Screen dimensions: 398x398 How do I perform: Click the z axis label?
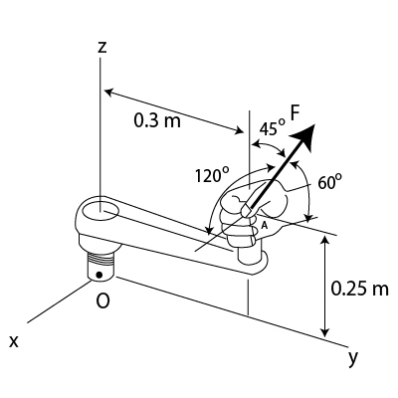click(x=102, y=48)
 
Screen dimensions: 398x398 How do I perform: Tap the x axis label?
click(x=14, y=341)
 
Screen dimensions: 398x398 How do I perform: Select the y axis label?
click(x=353, y=358)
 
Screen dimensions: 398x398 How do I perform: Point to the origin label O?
click(x=102, y=300)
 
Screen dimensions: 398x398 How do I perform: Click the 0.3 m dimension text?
click(x=157, y=120)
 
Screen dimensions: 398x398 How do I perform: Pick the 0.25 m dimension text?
click(x=360, y=288)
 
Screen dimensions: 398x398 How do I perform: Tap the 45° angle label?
click(x=272, y=127)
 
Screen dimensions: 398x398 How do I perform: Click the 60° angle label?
click(x=329, y=182)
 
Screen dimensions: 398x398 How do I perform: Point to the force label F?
click(x=295, y=112)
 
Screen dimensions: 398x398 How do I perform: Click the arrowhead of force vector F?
click(x=303, y=136)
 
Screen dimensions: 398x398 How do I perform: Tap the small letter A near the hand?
click(x=265, y=225)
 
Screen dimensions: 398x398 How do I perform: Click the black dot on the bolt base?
click(x=99, y=275)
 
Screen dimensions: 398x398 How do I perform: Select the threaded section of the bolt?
click(x=101, y=258)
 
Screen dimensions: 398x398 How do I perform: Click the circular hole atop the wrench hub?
click(x=100, y=211)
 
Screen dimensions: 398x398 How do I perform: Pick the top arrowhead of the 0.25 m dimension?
click(x=326, y=239)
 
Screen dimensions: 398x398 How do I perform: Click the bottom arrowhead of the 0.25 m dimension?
click(x=326, y=331)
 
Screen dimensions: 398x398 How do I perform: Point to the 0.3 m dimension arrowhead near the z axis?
click(x=110, y=92)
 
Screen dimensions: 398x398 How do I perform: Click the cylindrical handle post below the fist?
click(x=250, y=255)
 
